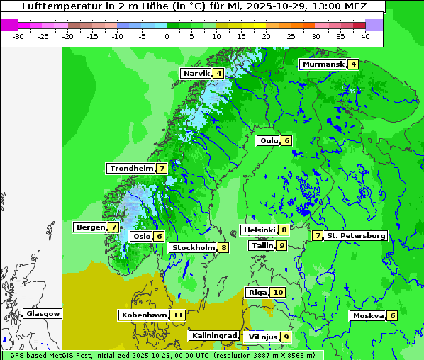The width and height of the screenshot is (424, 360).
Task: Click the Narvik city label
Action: (x=196, y=74)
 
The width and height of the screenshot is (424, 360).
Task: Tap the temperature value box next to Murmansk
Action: (x=353, y=64)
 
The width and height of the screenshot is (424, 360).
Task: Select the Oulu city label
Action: (x=269, y=140)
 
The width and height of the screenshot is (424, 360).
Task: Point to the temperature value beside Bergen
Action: (x=113, y=227)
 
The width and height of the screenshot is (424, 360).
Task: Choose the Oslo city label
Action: (x=141, y=237)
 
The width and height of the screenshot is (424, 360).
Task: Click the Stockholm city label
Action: (x=192, y=247)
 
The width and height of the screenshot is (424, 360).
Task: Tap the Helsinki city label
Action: (x=258, y=230)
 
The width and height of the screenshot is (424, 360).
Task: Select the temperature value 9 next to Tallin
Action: (x=281, y=245)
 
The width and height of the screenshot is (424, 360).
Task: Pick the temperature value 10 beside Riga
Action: (x=278, y=292)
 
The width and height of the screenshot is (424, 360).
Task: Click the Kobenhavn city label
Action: (x=143, y=315)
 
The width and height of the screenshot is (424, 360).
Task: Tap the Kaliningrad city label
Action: (x=214, y=335)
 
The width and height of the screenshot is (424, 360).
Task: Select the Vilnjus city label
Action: (x=261, y=337)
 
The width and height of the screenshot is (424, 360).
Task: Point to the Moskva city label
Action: (x=368, y=315)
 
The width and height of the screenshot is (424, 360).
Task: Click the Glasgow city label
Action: (x=43, y=313)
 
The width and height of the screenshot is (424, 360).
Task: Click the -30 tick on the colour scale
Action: (x=19, y=35)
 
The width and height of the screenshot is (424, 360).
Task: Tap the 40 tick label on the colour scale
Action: (x=365, y=35)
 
